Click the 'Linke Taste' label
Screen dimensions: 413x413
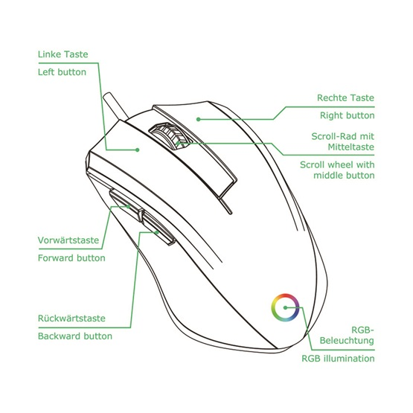pos(63,54)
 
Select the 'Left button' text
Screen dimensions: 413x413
pos(62,72)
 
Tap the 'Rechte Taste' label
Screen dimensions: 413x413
pos(345,97)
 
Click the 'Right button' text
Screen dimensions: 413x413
pos(348,115)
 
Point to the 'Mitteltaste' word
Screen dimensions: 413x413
pos(350,147)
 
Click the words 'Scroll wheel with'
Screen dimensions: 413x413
pos(337,165)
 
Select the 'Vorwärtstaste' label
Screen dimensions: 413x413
pos(68,240)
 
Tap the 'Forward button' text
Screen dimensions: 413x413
pos(71,258)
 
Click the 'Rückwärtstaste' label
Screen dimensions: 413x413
pos(71,318)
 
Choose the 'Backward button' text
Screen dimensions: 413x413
pos(75,336)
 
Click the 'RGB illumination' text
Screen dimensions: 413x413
pos(338,359)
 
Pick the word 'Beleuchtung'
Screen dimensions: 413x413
pos(347,341)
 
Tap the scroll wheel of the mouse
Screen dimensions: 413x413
pos(170,135)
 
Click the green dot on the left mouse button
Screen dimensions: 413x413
pos(137,150)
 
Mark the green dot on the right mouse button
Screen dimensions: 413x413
pos(199,119)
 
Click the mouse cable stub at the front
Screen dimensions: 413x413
pos(115,106)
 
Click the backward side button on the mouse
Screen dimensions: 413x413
pos(159,228)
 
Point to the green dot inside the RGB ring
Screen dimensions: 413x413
pos(285,307)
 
